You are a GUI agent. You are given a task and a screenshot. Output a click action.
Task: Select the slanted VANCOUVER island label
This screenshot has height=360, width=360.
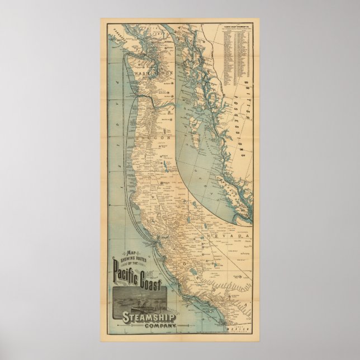[x=119, y=37]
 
